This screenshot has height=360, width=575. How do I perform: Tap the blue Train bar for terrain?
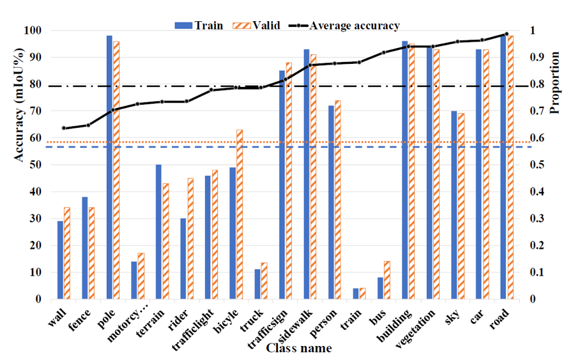click(158, 231)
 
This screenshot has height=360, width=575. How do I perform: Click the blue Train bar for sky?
click(454, 205)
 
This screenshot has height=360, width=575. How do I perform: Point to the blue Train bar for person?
click(331, 202)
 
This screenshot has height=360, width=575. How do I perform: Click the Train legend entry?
click(199, 26)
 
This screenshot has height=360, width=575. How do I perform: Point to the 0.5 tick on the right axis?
click(542, 165)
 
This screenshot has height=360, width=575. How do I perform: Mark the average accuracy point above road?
click(507, 34)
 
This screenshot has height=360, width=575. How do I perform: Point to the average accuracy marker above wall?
click(63, 129)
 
